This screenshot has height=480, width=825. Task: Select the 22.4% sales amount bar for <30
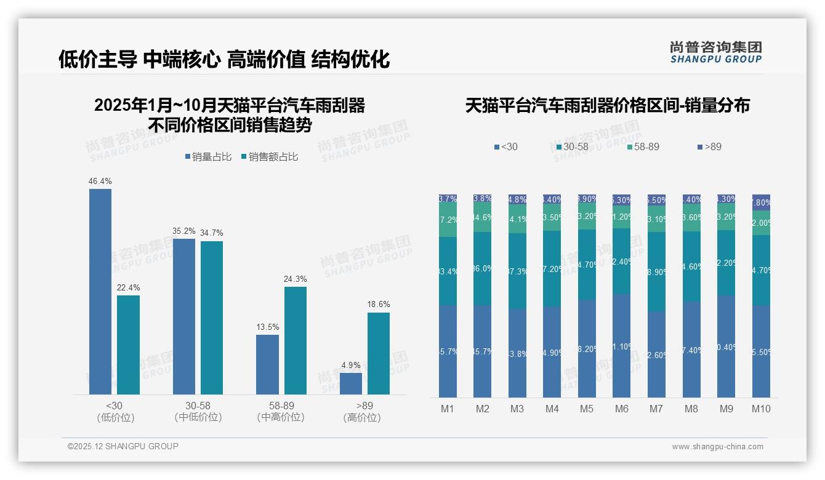128,345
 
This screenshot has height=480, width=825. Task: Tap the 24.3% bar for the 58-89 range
296,340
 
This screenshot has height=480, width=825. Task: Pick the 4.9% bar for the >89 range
351,383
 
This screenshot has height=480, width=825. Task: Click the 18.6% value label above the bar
379,304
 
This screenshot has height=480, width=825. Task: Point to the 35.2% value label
183,231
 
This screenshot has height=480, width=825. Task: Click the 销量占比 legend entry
208,157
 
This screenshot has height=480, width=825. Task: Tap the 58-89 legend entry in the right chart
643,147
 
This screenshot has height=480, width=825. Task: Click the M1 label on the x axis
448,409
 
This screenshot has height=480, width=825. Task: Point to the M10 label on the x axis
761,409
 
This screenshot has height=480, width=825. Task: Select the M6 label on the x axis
622,409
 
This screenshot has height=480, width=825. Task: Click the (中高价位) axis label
281,417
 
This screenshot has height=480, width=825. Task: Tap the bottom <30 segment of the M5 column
587,348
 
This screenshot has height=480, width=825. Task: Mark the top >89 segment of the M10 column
761,202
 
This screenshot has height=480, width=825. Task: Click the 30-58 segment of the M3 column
517,271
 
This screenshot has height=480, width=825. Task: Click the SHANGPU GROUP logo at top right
715,52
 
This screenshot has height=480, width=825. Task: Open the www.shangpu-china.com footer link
717,447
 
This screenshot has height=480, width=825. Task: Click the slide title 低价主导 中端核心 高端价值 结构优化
224,59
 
